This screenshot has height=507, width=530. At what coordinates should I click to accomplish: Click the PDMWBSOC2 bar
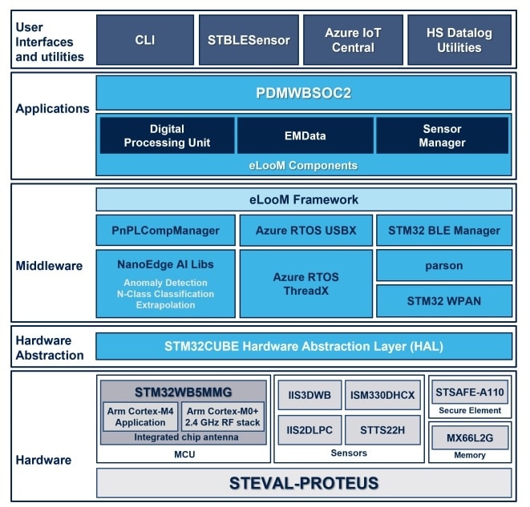coord(304,93)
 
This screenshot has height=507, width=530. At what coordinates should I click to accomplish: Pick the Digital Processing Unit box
coord(167,135)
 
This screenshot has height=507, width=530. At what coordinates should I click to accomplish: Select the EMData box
coord(305,135)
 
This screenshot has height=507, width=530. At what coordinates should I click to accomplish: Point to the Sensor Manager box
coord(443,135)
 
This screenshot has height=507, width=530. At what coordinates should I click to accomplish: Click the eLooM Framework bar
coord(304,199)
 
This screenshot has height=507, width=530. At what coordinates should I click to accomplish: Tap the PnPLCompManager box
coord(166,230)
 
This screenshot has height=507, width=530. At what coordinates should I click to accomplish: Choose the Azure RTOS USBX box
coord(305,230)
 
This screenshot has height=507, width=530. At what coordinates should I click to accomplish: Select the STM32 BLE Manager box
coord(443,230)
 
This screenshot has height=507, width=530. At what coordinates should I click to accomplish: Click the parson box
coord(443,266)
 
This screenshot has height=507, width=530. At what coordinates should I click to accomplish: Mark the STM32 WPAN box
coord(443,301)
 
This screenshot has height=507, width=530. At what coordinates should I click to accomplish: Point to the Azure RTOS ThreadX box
coord(305,284)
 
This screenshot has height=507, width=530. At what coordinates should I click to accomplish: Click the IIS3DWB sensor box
coord(310,395)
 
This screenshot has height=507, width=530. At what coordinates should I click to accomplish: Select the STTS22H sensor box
coord(382,430)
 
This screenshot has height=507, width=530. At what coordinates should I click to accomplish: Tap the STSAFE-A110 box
coord(470,392)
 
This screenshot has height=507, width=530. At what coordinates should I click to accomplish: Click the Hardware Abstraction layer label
coord(50,348)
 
